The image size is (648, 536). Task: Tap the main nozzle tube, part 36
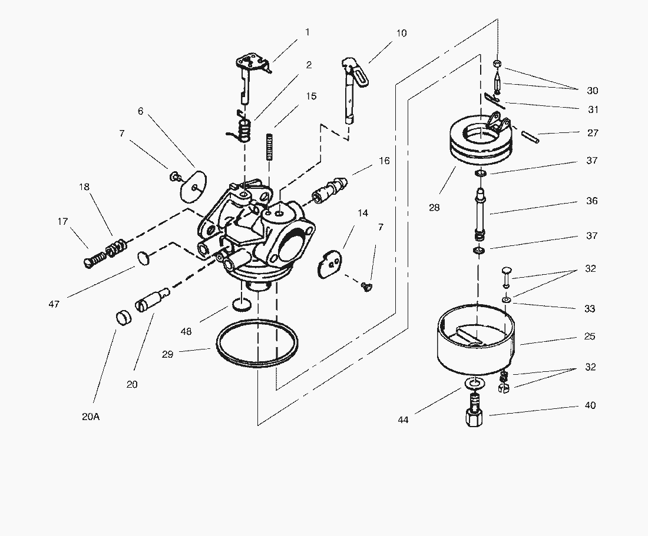pyautogui.click(x=480, y=212)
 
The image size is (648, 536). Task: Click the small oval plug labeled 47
pyautogui.click(x=143, y=257)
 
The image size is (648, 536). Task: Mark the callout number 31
pyautogui.click(x=592, y=109)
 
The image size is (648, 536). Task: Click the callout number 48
pyautogui.click(x=186, y=331)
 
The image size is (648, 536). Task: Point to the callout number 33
pyautogui.click(x=590, y=308)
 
